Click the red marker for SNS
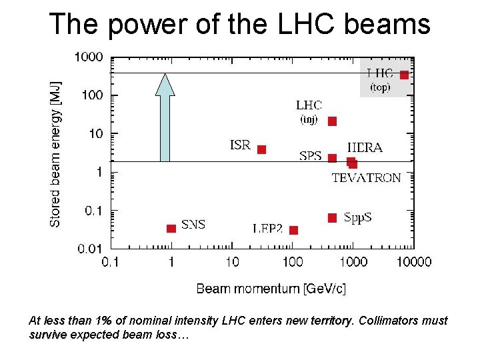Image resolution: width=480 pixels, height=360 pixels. (x=171, y=229)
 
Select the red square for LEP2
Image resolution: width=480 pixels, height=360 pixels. (x=293, y=230)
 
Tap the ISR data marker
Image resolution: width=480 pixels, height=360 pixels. (x=261, y=149)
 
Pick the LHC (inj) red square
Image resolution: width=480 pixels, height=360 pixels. (x=332, y=121)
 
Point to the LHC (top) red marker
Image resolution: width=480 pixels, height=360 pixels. (x=404, y=75)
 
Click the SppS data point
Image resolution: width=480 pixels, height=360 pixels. (x=332, y=217)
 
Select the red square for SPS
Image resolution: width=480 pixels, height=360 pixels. (x=332, y=158)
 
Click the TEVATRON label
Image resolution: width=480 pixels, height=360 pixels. (x=366, y=178)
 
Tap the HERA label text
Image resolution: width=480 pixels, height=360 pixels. (x=365, y=147)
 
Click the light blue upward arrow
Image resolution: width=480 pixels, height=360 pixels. (x=165, y=117)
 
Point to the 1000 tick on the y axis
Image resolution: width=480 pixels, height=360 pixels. (x=89, y=57)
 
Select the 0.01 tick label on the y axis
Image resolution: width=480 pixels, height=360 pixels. (x=90, y=249)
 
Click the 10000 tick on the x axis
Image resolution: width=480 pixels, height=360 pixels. (x=414, y=262)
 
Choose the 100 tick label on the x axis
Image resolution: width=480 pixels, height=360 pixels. (x=293, y=262)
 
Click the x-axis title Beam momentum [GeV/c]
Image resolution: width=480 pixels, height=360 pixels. (x=271, y=289)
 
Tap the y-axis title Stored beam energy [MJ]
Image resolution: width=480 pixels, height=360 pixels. (x=55, y=154)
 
